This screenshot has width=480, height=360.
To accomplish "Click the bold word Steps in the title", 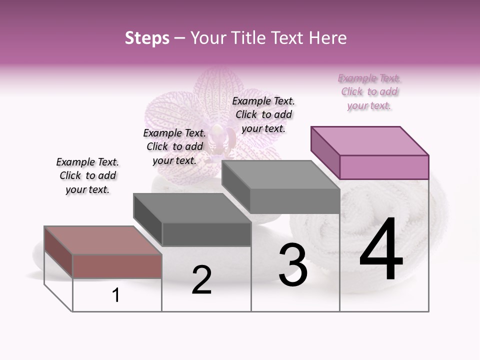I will (147, 38).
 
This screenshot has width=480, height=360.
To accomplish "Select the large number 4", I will (381, 249).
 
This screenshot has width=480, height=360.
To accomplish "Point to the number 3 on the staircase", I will (293, 265).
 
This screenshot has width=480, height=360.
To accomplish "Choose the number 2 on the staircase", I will (201, 280).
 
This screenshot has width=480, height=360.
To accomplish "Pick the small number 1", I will (116, 295).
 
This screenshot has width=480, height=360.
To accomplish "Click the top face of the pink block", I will (370, 140).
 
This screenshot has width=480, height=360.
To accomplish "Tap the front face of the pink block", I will (384, 167).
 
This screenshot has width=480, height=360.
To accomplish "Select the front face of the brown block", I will (117, 265).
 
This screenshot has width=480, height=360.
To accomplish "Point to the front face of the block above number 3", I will (294, 200).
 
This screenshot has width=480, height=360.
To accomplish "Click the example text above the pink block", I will (369, 92).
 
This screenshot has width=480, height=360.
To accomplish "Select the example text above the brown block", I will (87, 175).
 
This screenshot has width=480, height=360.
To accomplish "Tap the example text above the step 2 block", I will (174, 146).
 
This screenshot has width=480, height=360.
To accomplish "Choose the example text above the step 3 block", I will (263, 114).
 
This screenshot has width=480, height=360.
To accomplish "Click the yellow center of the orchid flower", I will (218, 133).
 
